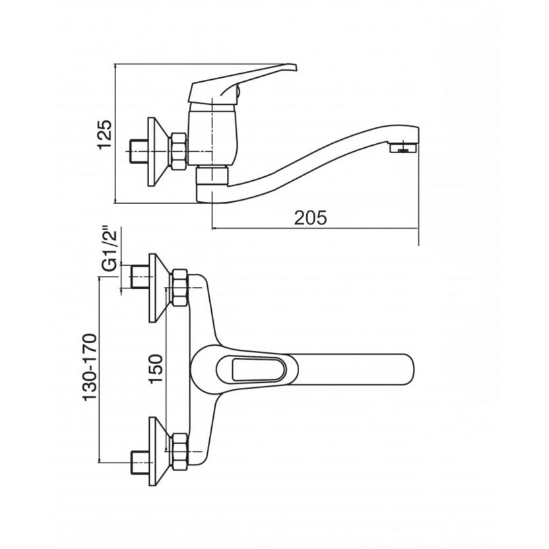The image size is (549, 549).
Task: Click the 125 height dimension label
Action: [x=105, y=135]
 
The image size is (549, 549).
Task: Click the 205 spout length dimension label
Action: [x=310, y=218]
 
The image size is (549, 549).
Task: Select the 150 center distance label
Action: [x=156, y=369]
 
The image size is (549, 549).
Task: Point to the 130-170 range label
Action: [x=89, y=368]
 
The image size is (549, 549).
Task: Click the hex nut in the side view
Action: [x=179, y=151]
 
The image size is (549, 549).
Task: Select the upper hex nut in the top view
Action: [x=179, y=288]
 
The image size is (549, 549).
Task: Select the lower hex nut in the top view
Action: [x=179, y=451]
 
